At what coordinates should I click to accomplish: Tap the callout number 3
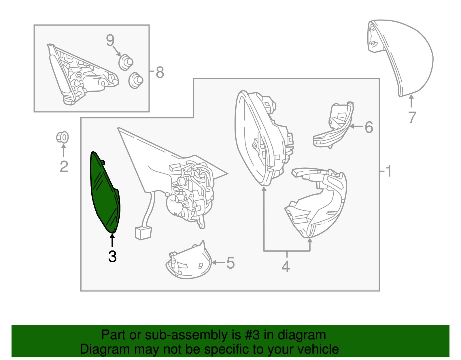[x=112, y=257]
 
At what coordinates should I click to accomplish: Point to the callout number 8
[x=160, y=72]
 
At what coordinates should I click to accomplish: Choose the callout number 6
[x=369, y=127]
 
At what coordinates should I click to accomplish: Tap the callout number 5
[x=231, y=263]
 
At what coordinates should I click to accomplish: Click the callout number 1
[x=388, y=171]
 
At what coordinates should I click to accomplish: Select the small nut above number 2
[x=62, y=137]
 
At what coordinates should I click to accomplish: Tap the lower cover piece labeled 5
[x=189, y=261]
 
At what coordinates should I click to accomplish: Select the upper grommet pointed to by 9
[x=126, y=62]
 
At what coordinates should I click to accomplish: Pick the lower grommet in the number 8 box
[x=136, y=80]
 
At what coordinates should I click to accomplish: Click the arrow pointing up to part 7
[x=411, y=101]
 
